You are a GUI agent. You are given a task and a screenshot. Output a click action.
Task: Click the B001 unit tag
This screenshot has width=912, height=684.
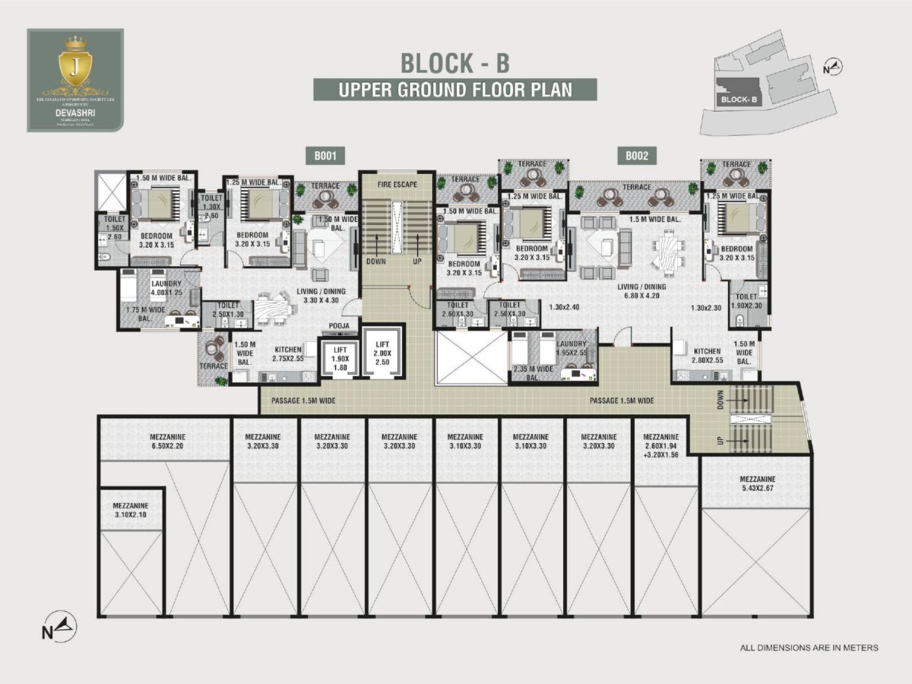point(325,157)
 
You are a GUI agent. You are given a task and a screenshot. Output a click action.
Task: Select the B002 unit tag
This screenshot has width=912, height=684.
point(636,157)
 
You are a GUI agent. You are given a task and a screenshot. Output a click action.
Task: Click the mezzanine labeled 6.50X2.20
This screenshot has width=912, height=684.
point(163,442)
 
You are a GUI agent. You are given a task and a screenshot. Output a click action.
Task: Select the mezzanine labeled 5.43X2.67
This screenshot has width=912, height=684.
point(756,483)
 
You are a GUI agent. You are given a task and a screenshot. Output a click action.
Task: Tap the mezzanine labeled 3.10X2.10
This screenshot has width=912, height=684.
point(131,510)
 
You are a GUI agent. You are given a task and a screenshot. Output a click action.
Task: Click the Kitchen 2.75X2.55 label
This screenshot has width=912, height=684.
point(289,353)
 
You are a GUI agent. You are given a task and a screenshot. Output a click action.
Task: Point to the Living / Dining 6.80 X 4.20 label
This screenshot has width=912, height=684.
point(644,291)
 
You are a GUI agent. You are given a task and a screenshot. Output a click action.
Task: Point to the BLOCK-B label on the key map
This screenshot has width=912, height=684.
point(736,99)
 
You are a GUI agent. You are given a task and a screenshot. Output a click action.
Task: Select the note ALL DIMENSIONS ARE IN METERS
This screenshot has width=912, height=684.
point(809,648)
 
